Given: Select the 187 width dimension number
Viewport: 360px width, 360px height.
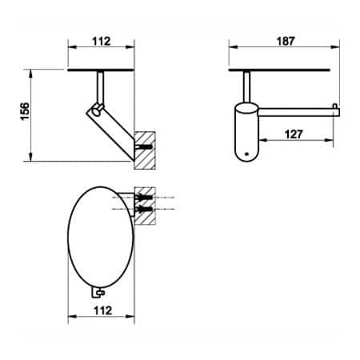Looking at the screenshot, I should pyautogui.click(x=282, y=40).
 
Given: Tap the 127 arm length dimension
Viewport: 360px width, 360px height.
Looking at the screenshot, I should pyautogui.click(x=294, y=135).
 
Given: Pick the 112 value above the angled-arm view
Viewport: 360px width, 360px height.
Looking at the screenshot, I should pyautogui.click(x=101, y=40).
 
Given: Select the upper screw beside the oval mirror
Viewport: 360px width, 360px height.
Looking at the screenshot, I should pyautogui.click(x=145, y=196).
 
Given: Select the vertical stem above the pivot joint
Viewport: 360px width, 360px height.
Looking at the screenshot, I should pyautogui.click(x=101, y=86).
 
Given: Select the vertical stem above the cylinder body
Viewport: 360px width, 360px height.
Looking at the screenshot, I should pyautogui.click(x=246, y=86).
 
